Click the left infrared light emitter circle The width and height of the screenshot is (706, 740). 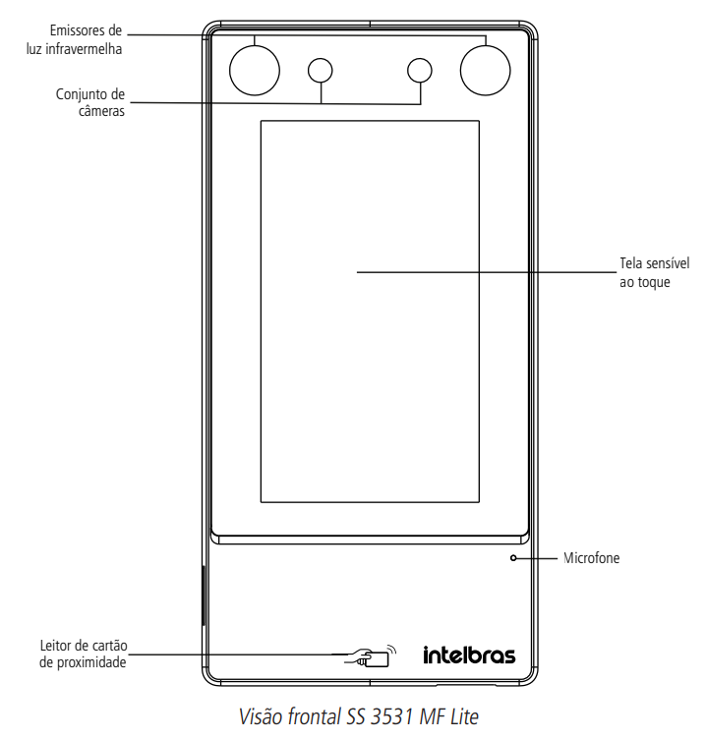[255, 70]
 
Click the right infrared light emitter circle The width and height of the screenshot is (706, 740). [486, 70]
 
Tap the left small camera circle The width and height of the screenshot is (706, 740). [320, 69]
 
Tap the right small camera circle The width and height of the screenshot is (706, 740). [420, 69]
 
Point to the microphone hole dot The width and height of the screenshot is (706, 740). [513, 558]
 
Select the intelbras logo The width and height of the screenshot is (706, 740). [469, 655]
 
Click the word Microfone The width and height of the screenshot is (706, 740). [591, 558]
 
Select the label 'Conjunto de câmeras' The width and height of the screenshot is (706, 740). [90, 102]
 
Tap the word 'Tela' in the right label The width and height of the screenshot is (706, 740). [630, 263]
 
